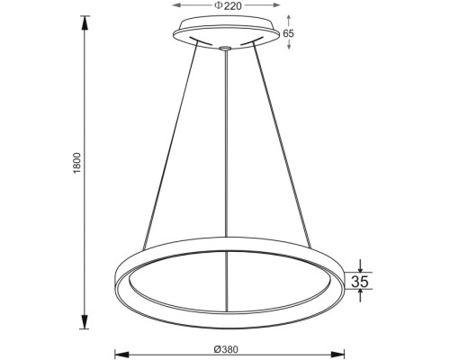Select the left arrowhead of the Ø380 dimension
(121, 352)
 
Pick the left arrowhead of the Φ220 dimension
(176, 7)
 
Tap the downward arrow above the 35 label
(359, 266)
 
